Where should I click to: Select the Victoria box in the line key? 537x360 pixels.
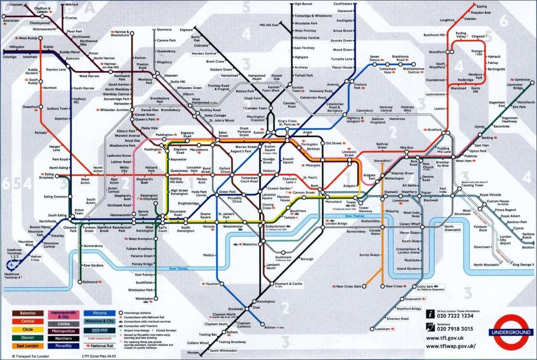pyautogui.click(x=99, y=313)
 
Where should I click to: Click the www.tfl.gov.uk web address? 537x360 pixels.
pyautogui.click(x=446, y=338)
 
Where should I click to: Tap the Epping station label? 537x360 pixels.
pyautogui.click(x=481, y=6)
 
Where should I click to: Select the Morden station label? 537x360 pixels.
pyautogui.click(x=193, y=353)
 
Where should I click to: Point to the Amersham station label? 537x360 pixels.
pyautogui.click(x=11, y=21)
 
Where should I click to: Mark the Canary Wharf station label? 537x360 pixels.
pyautogui.click(x=410, y=224)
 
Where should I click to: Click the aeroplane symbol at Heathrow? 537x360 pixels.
pyautogui.click(x=11, y=264)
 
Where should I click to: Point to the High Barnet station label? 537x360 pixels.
pyautogui.click(x=303, y=4)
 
